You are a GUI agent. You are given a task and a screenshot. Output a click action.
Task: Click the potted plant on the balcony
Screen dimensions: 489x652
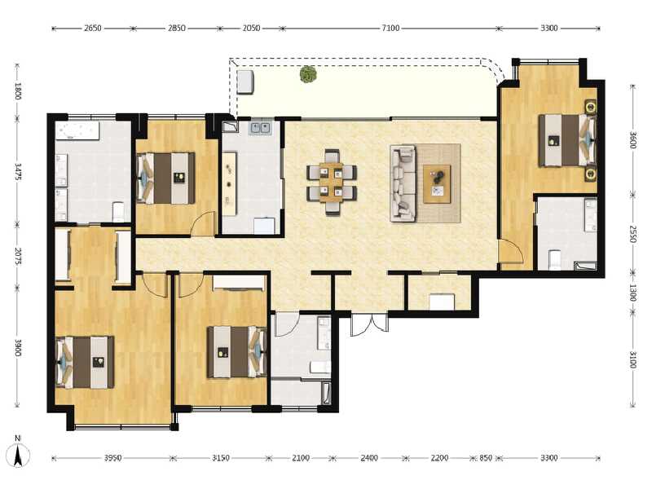pos(308,75)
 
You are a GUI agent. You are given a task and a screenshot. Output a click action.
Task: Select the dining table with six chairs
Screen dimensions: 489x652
pos(332,181)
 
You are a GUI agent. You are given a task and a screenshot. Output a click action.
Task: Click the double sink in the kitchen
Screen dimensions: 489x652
pos(261,127)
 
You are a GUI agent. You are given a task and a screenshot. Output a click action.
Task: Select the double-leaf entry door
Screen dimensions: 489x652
pos(369,324)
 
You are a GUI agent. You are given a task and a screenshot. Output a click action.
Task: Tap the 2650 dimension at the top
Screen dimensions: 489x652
pos(92,28)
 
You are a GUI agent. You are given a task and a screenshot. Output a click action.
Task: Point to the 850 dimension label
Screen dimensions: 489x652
pos(486,458)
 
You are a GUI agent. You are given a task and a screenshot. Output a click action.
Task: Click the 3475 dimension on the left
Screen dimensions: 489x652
pos(17,170)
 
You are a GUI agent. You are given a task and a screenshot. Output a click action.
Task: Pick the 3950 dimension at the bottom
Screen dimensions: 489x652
pos(112,458)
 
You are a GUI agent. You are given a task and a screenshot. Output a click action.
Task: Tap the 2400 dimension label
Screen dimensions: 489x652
pos(368,458)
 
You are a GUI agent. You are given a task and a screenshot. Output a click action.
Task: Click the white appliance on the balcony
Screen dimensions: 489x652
pos(245,81)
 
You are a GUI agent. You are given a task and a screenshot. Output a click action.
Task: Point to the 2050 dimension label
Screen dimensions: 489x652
pos(251,28)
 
